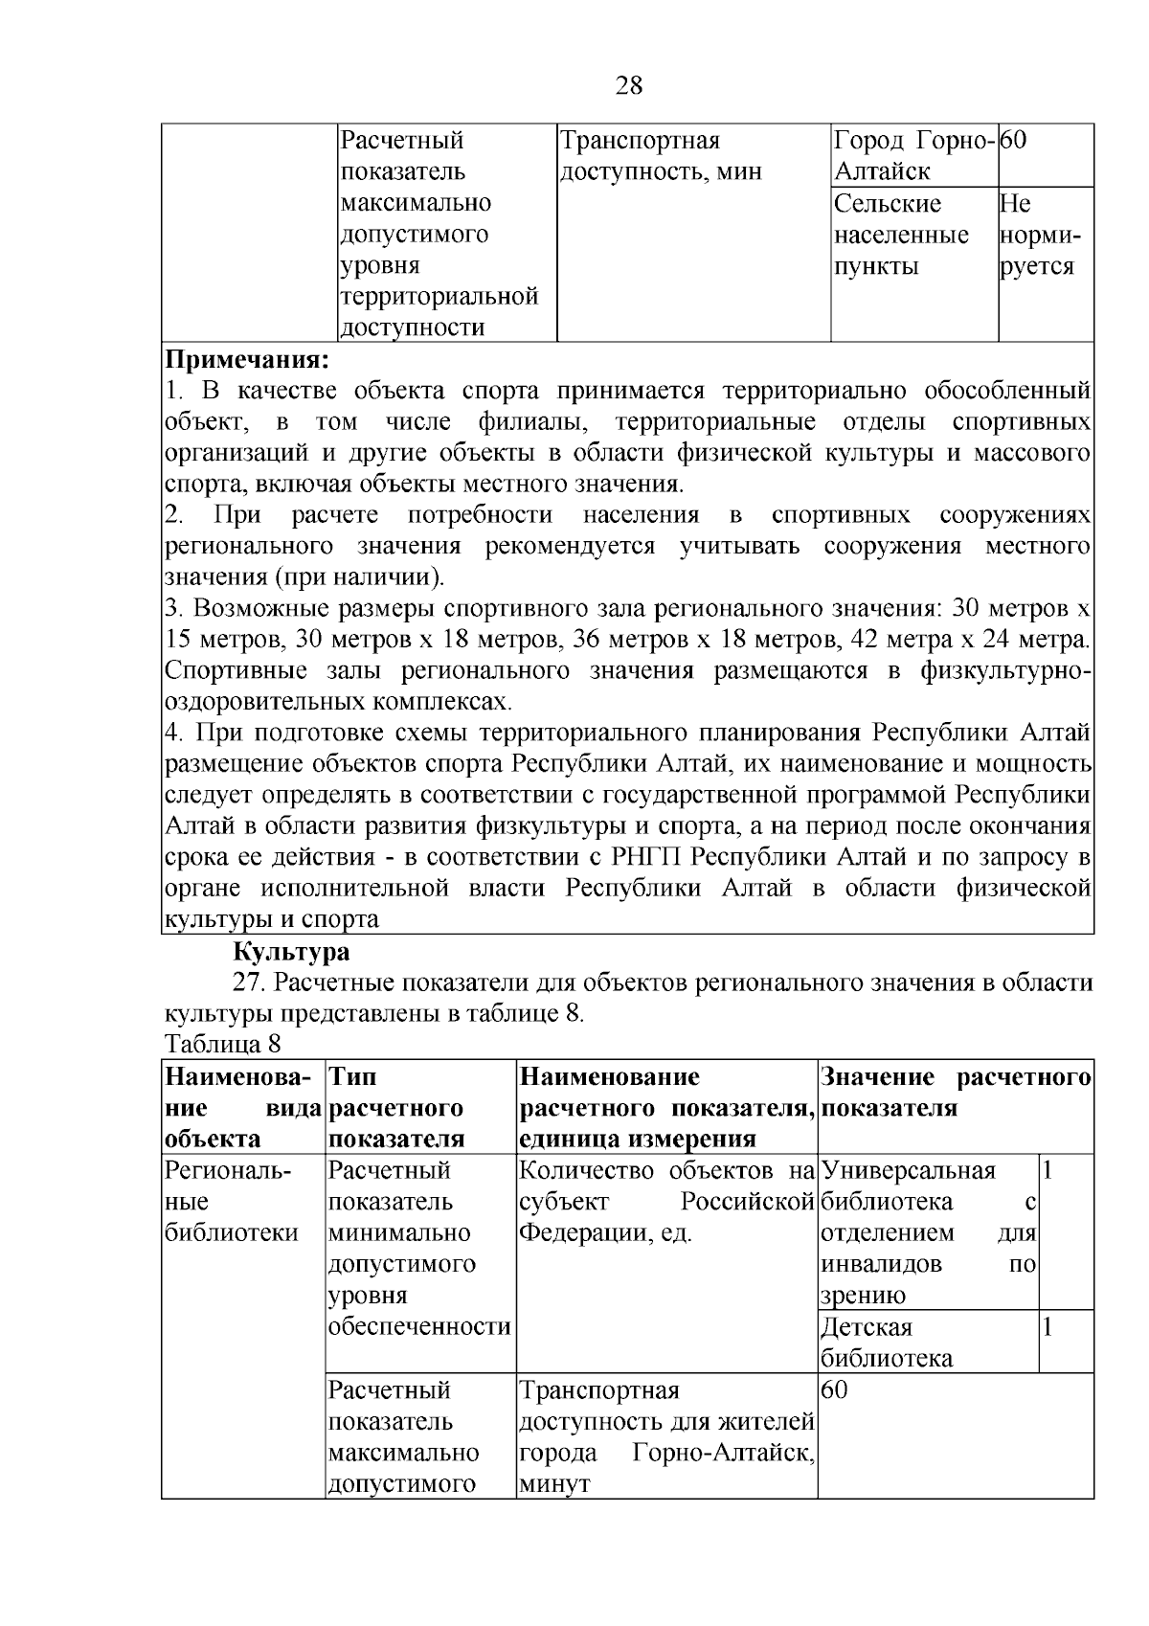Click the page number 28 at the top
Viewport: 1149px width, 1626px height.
point(628,86)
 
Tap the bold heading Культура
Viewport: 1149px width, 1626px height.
point(292,952)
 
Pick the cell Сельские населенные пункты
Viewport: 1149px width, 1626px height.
point(901,236)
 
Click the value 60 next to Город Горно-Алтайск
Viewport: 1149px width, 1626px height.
point(1014,141)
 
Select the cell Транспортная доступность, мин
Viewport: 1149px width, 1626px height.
point(661,156)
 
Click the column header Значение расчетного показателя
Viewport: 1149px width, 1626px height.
point(955,1093)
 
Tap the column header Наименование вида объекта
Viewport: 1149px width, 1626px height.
point(241,1107)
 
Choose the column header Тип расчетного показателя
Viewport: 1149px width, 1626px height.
point(396,1107)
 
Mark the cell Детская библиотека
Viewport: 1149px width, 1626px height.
point(887,1342)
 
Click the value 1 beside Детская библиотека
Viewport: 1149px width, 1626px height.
point(1048,1326)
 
